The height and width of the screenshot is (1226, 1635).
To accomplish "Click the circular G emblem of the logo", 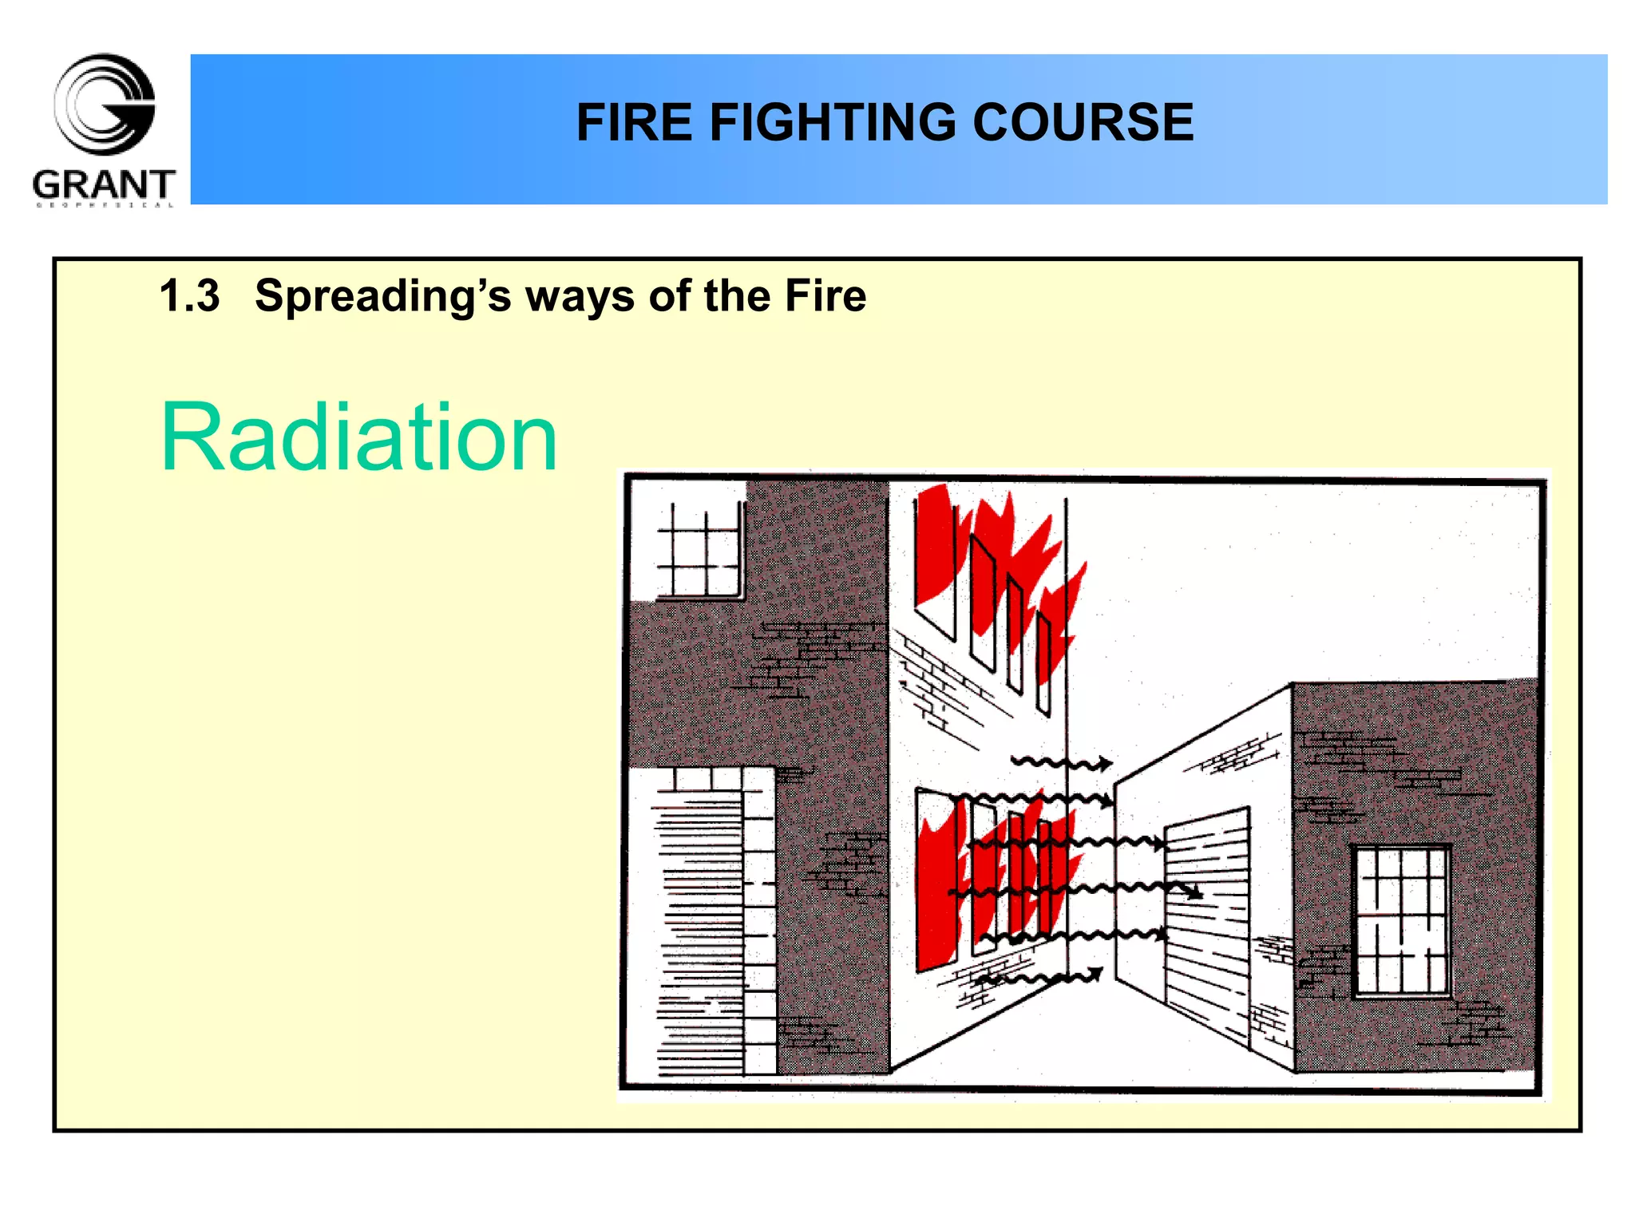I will pos(105,104).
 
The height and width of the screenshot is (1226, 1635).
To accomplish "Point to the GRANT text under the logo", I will pos(104,185).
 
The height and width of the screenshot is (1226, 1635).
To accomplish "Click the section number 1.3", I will pos(189,296).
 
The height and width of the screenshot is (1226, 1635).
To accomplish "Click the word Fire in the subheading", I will pos(825,296).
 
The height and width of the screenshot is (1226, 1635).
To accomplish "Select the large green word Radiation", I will pos(358,437).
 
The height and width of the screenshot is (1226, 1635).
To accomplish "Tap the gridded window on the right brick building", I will pos(1401,921).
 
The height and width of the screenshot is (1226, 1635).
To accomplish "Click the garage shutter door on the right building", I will pos(1207,918).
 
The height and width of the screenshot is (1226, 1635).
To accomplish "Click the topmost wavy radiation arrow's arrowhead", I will pos(1104,764).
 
